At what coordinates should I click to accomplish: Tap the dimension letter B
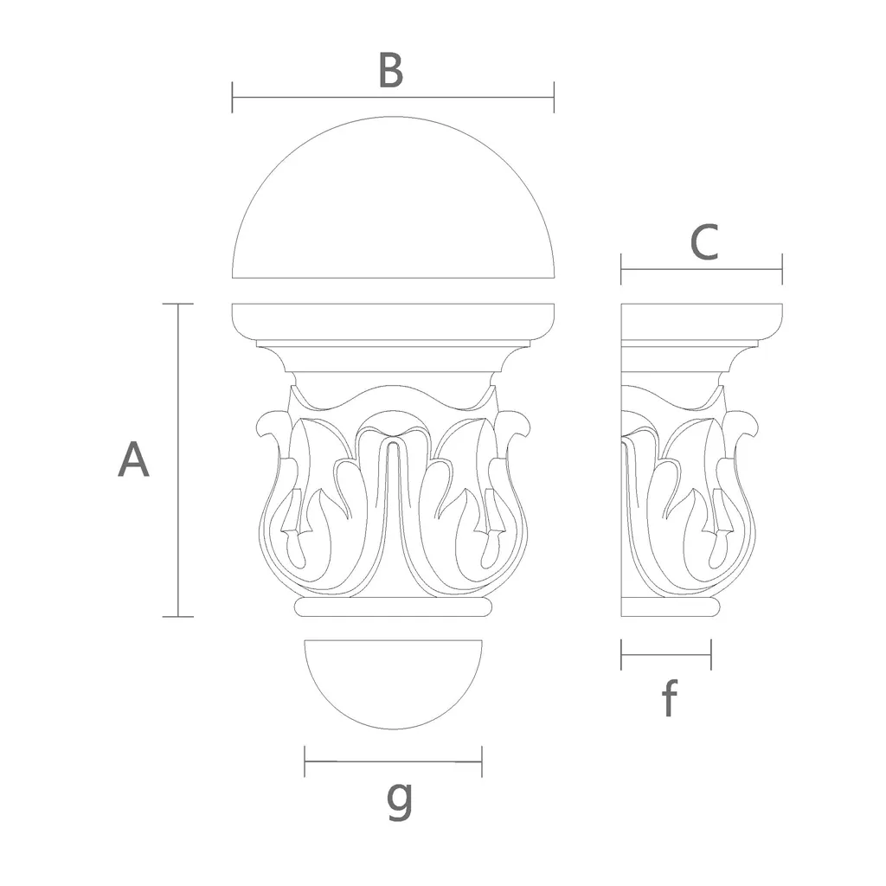pos(391,70)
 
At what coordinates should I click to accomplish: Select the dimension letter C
pos(704,242)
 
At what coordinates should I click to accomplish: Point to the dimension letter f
pos(670,698)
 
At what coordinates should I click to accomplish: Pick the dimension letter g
pos(400,800)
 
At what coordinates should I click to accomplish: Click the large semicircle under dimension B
pos(394,117)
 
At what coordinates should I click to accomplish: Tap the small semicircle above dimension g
pos(394,729)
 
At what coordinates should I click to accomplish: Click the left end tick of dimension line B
pos(232,97)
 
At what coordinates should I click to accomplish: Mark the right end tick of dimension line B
pos(555,97)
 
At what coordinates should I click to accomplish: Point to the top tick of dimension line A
pos(178,304)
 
